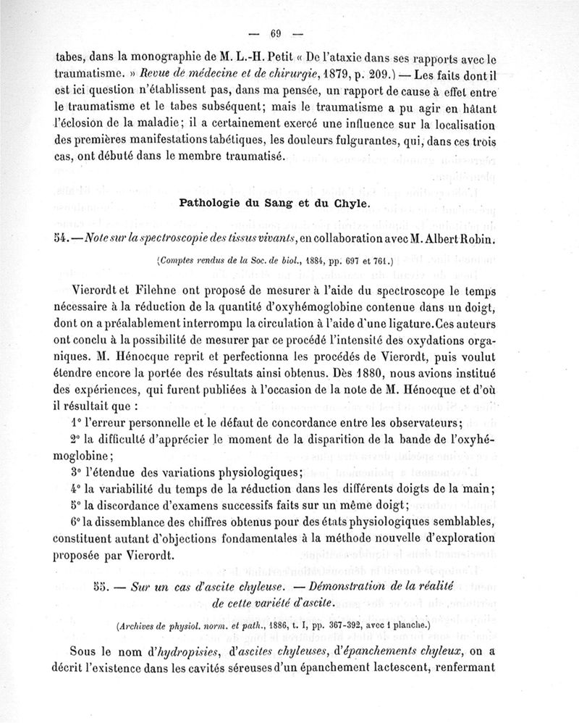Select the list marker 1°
point(76,423)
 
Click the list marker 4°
point(76,488)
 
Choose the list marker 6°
point(76,522)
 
